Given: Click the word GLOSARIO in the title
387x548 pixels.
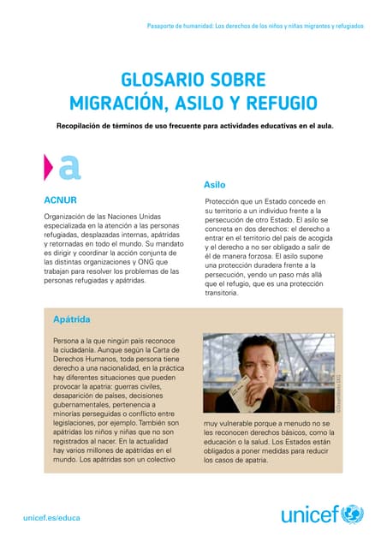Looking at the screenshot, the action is point(159,80).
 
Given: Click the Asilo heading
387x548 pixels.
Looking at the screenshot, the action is point(214,185).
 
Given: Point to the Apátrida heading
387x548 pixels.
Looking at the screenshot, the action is point(72,319).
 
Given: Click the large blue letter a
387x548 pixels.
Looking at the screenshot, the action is point(69,166).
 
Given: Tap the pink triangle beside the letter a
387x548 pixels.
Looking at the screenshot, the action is point(50,166).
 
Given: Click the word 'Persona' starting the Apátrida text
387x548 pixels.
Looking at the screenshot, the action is point(68,340).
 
